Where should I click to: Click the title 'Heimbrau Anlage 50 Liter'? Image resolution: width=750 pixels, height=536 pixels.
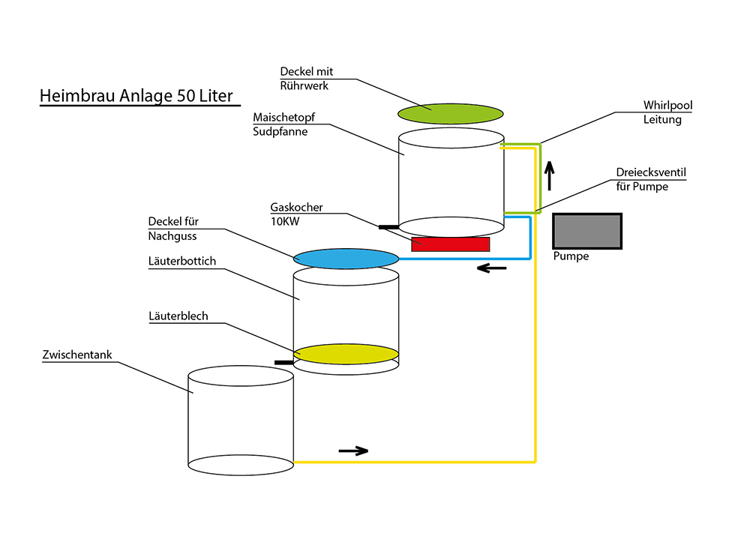pos(136,97)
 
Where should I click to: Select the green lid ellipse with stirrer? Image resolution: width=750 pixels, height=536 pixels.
pos(449,112)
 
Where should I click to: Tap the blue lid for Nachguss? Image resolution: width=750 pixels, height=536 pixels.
pos(346,259)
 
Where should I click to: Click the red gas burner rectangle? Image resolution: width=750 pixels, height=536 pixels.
pos(450,244)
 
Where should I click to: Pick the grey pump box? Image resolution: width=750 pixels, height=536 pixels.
pos(587,231)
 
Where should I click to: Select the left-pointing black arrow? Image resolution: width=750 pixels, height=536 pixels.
pos(491,268)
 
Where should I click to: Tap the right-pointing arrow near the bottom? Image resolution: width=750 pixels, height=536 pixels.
pos(353,451)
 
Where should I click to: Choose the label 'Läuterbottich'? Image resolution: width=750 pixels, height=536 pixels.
pos(182,261)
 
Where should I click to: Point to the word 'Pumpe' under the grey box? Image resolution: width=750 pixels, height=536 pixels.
pos(571,256)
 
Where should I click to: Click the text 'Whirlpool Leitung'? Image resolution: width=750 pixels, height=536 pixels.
pos(667,112)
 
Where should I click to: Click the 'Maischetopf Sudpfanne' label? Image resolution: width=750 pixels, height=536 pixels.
pos(281,125)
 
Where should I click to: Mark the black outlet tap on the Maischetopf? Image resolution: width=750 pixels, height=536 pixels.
pos(388,226)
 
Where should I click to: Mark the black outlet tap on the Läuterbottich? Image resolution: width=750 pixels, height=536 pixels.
pos(283,363)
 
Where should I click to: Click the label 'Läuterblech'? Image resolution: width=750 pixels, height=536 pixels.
pos(178,317)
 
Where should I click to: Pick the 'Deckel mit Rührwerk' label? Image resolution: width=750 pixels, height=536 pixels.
pos(306,79)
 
